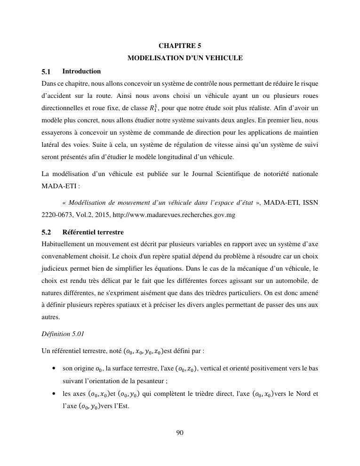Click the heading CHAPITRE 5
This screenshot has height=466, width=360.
point(180,46)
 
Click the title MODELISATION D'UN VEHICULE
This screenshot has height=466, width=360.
point(185,58)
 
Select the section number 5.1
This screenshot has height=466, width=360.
point(46,72)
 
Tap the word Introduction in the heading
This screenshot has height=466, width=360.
point(81,71)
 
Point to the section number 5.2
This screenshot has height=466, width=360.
point(46,233)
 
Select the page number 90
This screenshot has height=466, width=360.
point(180,433)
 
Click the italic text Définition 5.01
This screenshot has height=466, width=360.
point(63,334)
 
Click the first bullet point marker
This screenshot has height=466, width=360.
point(55,368)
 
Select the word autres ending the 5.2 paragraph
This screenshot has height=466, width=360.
point(51,317)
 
